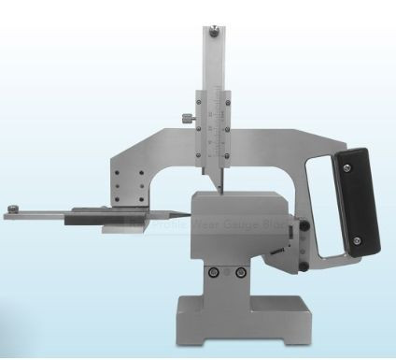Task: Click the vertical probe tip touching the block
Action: [x=219, y=188]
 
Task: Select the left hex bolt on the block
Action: [x=216, y=271]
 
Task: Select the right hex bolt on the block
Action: [x=241, y=271]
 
